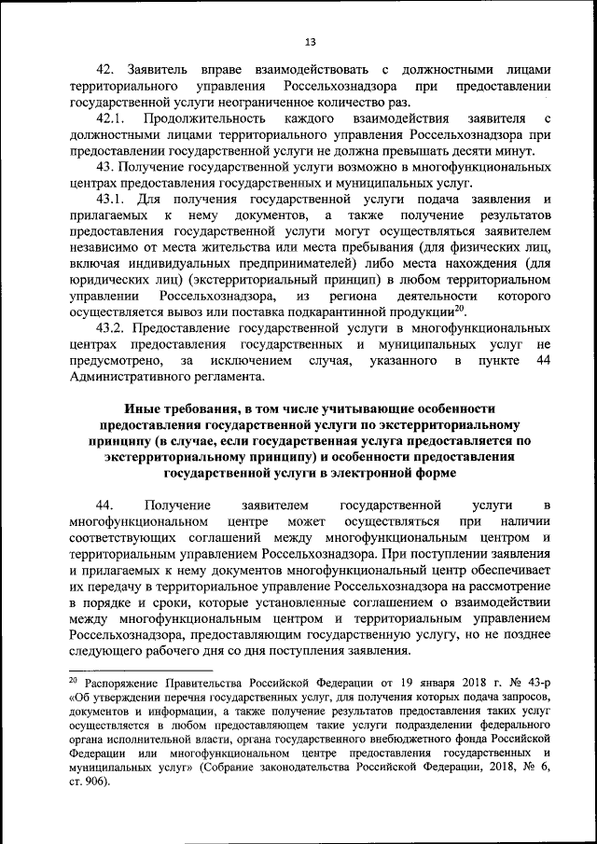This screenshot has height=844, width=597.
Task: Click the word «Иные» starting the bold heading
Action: click(x=143, y=408)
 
